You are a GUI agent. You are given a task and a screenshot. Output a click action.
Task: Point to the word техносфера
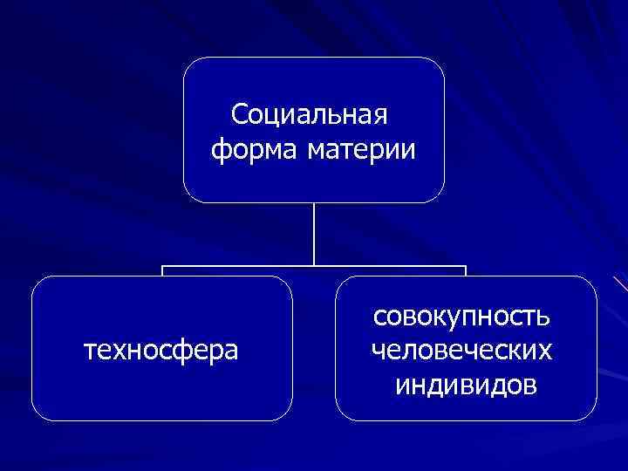160,351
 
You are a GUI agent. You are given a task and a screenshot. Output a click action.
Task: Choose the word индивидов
466,384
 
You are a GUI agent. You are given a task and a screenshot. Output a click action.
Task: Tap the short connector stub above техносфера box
162,270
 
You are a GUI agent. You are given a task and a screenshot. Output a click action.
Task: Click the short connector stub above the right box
466,270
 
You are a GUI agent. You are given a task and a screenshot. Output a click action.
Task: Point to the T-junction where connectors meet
314,266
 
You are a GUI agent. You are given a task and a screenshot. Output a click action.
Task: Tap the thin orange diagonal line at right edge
620,283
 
